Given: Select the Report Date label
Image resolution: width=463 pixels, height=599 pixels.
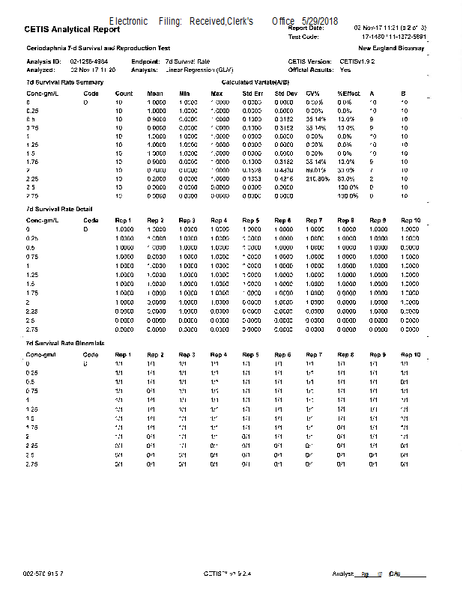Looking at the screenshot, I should [x=306, y=28].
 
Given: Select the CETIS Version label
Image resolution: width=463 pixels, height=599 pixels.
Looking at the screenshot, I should [x=309, y=61].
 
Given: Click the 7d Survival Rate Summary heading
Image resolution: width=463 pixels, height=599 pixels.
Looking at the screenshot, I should [x=59, y=81].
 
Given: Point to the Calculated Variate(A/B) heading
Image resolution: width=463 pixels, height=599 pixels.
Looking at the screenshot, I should [x=257, y=81].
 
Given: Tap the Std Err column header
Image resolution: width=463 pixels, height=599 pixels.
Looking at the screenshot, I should [x=252, y=94].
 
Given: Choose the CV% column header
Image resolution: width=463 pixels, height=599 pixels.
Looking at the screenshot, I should [x=312, y=94].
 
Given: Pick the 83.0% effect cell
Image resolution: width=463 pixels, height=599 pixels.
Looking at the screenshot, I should [x=346, y=179].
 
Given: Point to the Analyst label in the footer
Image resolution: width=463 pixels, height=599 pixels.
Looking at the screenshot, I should [x=342, y=574].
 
